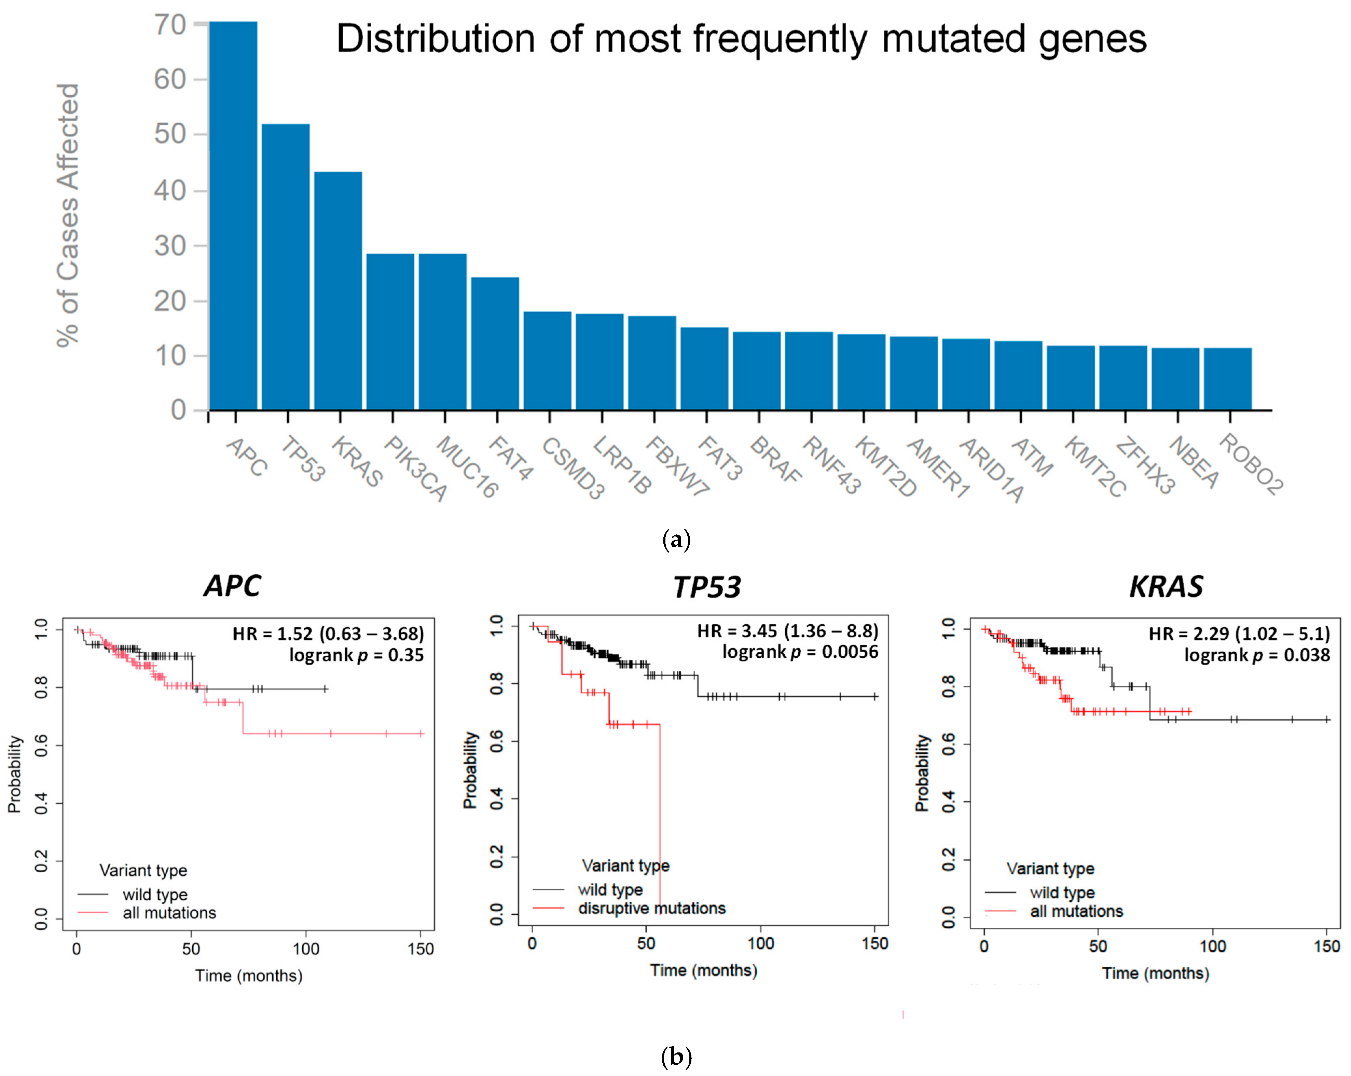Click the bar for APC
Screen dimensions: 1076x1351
233,216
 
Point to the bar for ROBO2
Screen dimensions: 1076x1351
1228,379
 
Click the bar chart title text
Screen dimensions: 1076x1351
741,39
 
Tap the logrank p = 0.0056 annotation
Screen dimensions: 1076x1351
800,652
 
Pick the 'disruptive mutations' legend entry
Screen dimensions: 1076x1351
652,908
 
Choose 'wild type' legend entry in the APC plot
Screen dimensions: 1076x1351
155,894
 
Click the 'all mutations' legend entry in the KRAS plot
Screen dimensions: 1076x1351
1077,911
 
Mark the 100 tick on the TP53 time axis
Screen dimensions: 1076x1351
761,943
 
